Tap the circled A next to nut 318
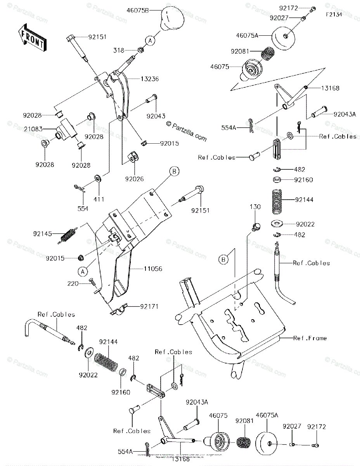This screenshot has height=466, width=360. pyautogui.click(x=150, y=40)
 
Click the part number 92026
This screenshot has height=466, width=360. pyautogui.click(x=134, y=179)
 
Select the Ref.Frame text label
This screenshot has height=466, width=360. pyautogui.click(x=310, y=338)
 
